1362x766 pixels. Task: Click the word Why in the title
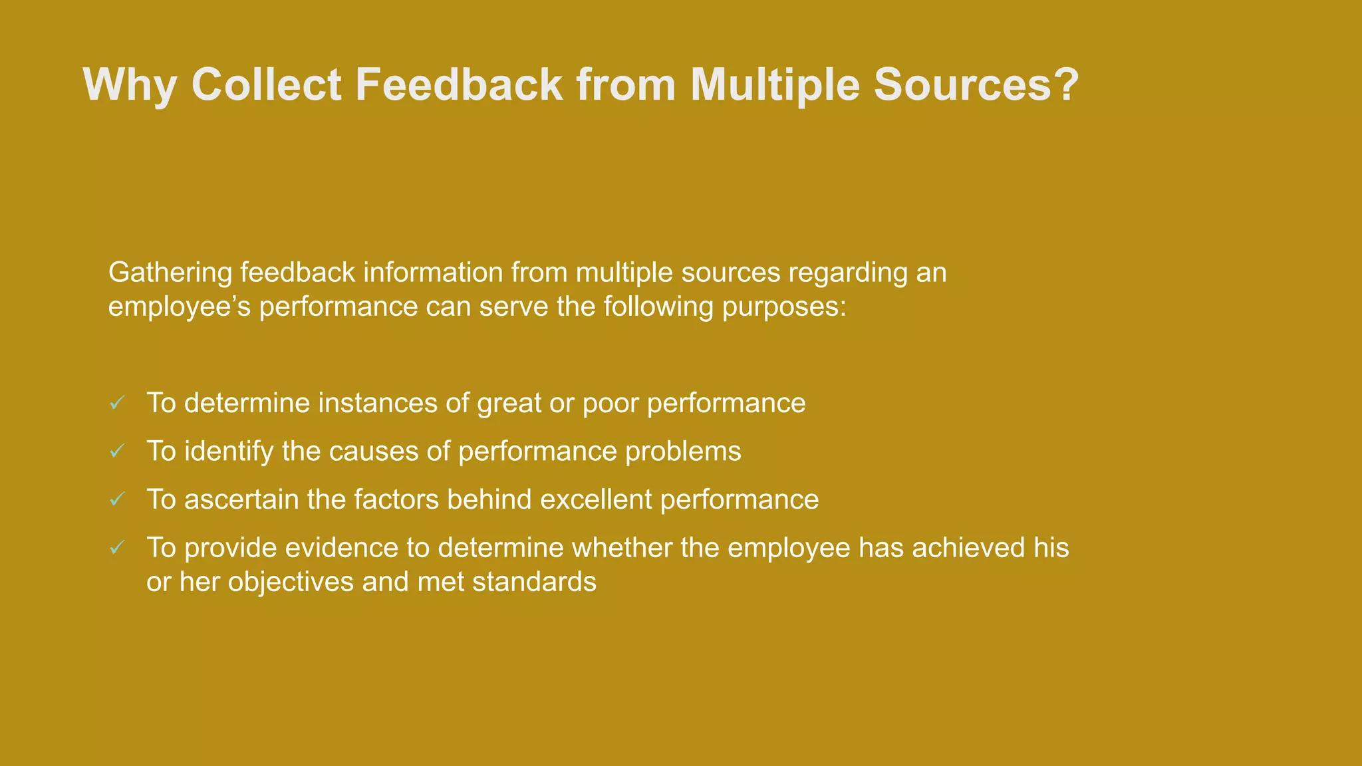129,85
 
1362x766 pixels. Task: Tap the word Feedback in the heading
459,85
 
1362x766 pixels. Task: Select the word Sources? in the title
976,85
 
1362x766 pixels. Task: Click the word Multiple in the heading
775,85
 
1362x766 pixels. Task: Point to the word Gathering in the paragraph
170,273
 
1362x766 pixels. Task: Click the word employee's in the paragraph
179,307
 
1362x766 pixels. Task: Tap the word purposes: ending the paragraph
784,307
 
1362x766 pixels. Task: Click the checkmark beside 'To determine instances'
117,403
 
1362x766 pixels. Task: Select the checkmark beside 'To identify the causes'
117,451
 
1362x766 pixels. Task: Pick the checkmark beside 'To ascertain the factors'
117,499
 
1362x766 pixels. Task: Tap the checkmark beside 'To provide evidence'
117,548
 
